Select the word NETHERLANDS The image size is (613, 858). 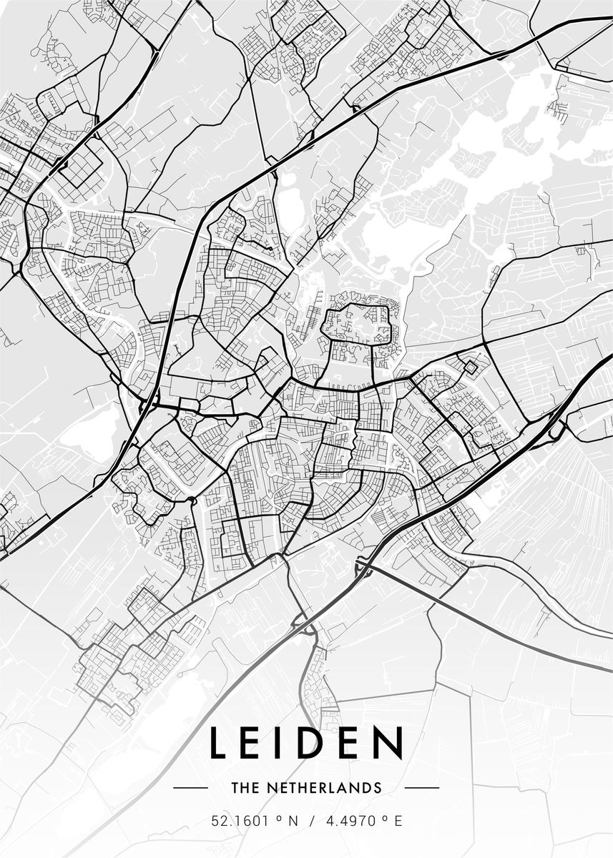tap(323, 788)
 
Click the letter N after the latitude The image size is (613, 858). tap(292, 822)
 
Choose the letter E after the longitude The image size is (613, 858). tap(398, 822)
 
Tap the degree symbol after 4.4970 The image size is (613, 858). tap(384, 819)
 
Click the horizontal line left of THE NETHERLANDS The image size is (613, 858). tap(190, 788)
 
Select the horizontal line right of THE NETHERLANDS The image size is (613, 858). tap(422, 788)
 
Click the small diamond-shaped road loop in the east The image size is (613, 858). tap(471, 368)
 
